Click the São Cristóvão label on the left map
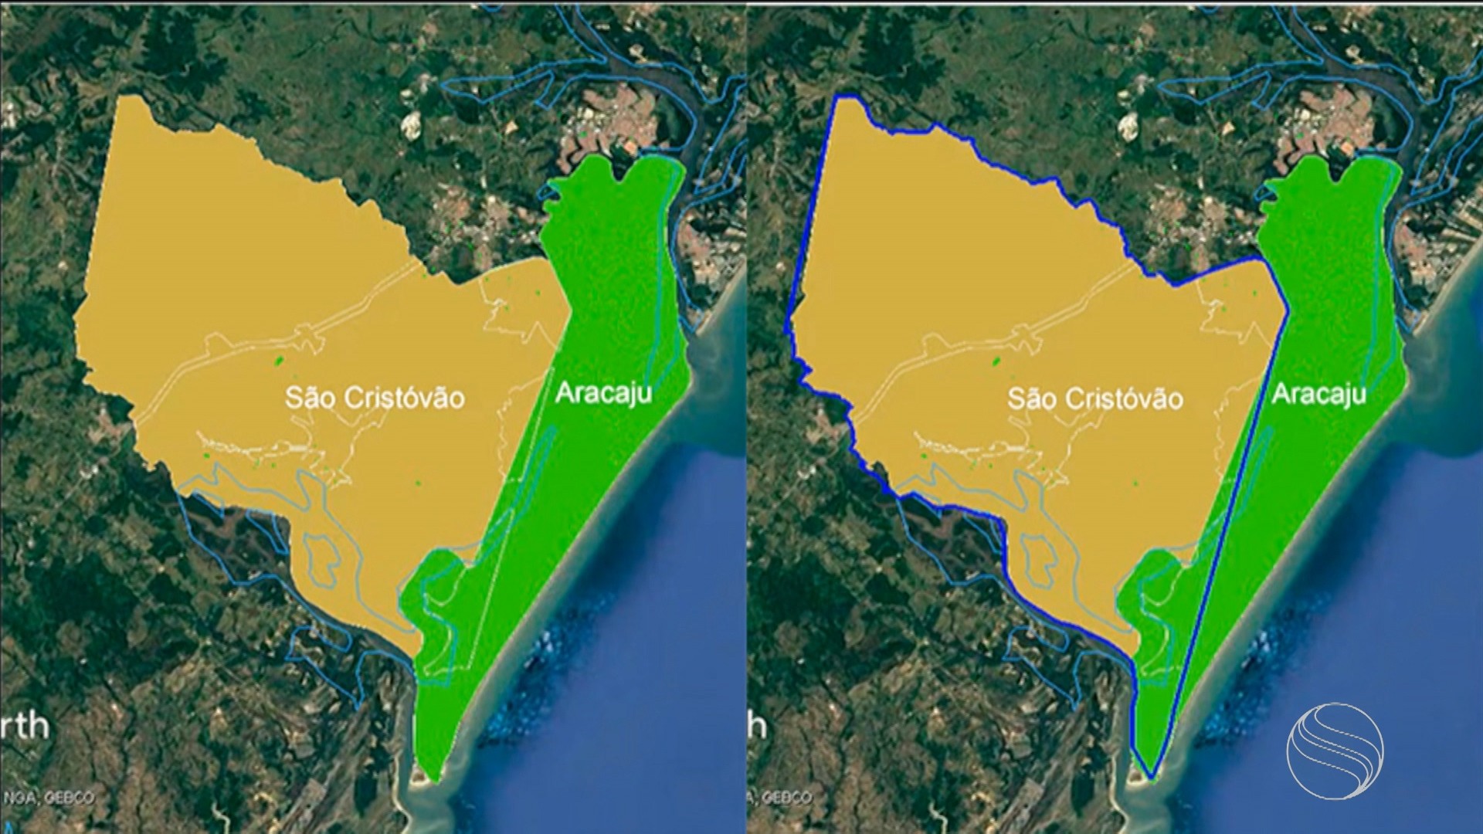[x=375, y=398]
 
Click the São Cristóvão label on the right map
[x=1095, y=398]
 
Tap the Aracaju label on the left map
[x=603, y=393]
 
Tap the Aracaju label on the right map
[x=1318, y=394]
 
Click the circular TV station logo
[x=1335, y=750]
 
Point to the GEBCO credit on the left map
[x=70, y=798]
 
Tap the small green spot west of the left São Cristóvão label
[x=278, y=360]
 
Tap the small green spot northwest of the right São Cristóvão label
[x=996, y=361]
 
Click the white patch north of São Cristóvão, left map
[x=410, y=124]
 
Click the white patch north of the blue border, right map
[x=1130, y=124]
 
